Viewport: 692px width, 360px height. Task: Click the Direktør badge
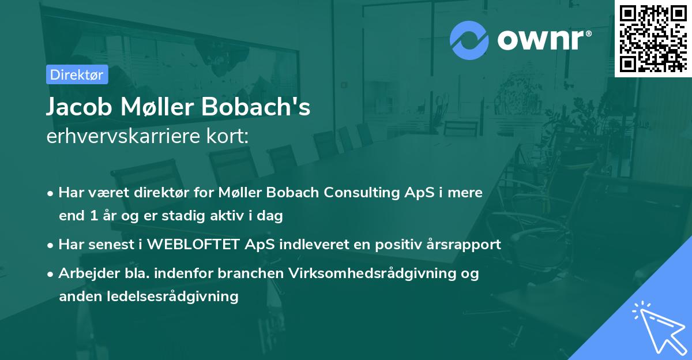[x=77, y=74]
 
